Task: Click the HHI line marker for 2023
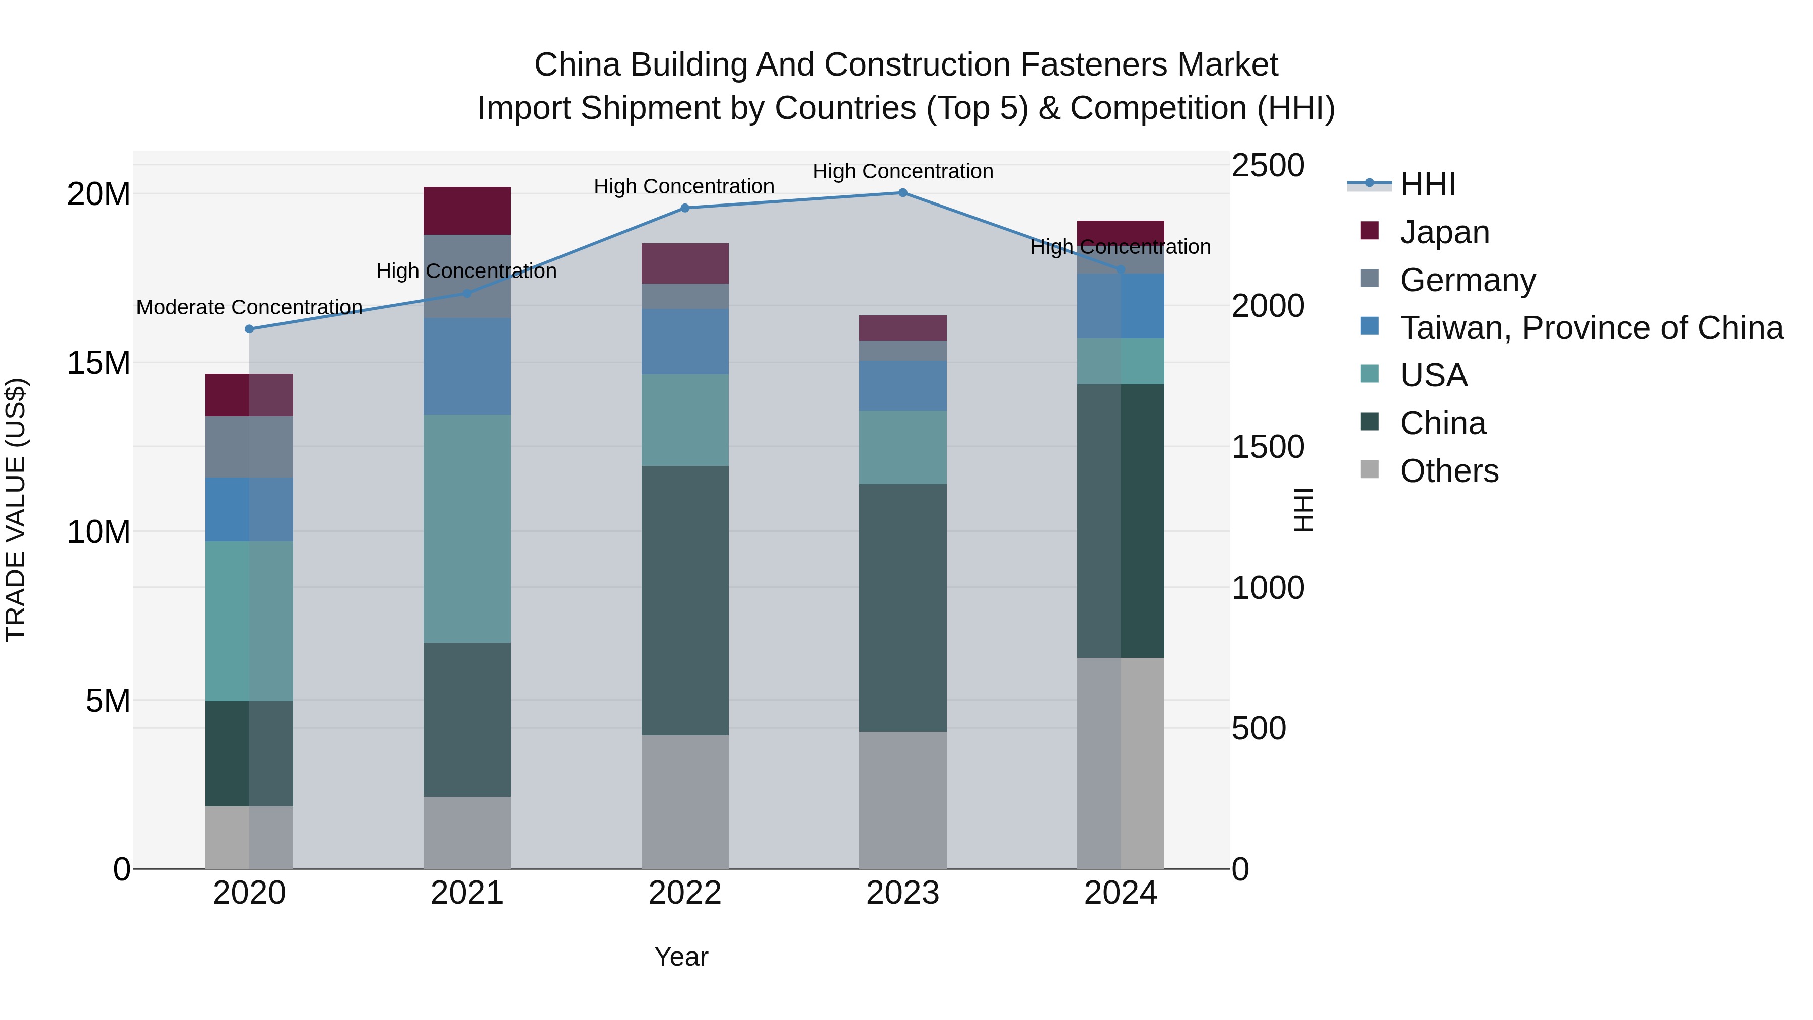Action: [903, 193]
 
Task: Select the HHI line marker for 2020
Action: [249, 329]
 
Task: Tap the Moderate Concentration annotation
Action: [249, 308]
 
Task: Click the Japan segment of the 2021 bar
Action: [467, 211]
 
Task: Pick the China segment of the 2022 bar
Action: [685, 600]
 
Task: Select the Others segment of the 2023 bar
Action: [903, 800]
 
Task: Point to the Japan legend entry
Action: [1444, 232]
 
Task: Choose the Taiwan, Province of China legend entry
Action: [1590, 328]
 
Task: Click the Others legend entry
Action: [1448, 471]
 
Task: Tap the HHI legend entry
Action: [1427, 184]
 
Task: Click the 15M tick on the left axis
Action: [99, 363]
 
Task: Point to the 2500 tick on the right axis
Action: [1268, 166]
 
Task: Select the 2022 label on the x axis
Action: [685, 893]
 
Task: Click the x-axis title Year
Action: [680, 957]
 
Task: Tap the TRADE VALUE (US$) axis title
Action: [16, 510]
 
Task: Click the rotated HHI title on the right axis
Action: [1303, 510]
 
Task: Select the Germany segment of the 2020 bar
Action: [249, 446]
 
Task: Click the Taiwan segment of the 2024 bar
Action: [1121, 306]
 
